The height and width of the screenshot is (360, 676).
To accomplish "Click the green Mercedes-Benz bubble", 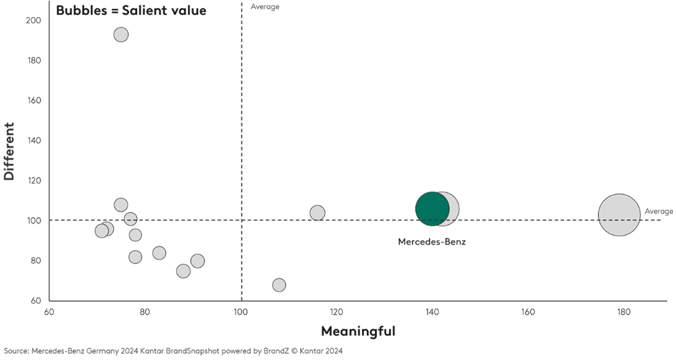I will [x=432, y=209].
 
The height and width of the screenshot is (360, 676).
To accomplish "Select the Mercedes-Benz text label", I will [x=432, y=242].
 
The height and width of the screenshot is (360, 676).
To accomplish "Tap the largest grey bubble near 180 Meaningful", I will [x=619, y=215].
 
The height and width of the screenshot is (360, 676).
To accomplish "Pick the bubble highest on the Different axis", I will [x=121, y=34].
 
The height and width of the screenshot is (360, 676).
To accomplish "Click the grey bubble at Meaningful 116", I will [x=317, y=213].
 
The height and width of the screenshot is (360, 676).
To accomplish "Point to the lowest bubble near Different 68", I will [x=279, y=285].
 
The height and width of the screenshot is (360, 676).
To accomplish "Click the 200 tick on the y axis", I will [x=34, y=20].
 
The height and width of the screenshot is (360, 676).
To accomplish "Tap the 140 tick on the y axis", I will [x=34, y=141].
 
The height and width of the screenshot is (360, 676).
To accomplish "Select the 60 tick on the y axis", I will [x=36, y=301].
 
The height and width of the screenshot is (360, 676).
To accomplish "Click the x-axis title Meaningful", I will [x=358, y=332].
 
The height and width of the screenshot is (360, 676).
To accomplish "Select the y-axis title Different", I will [x=9, y=151].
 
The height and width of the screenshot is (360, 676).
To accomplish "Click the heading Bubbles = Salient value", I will [x=131, y=10].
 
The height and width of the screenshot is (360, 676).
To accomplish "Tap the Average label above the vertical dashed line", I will [x=265, y=7].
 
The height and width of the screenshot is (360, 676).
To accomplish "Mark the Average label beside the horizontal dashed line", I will [x=659, y=211].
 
